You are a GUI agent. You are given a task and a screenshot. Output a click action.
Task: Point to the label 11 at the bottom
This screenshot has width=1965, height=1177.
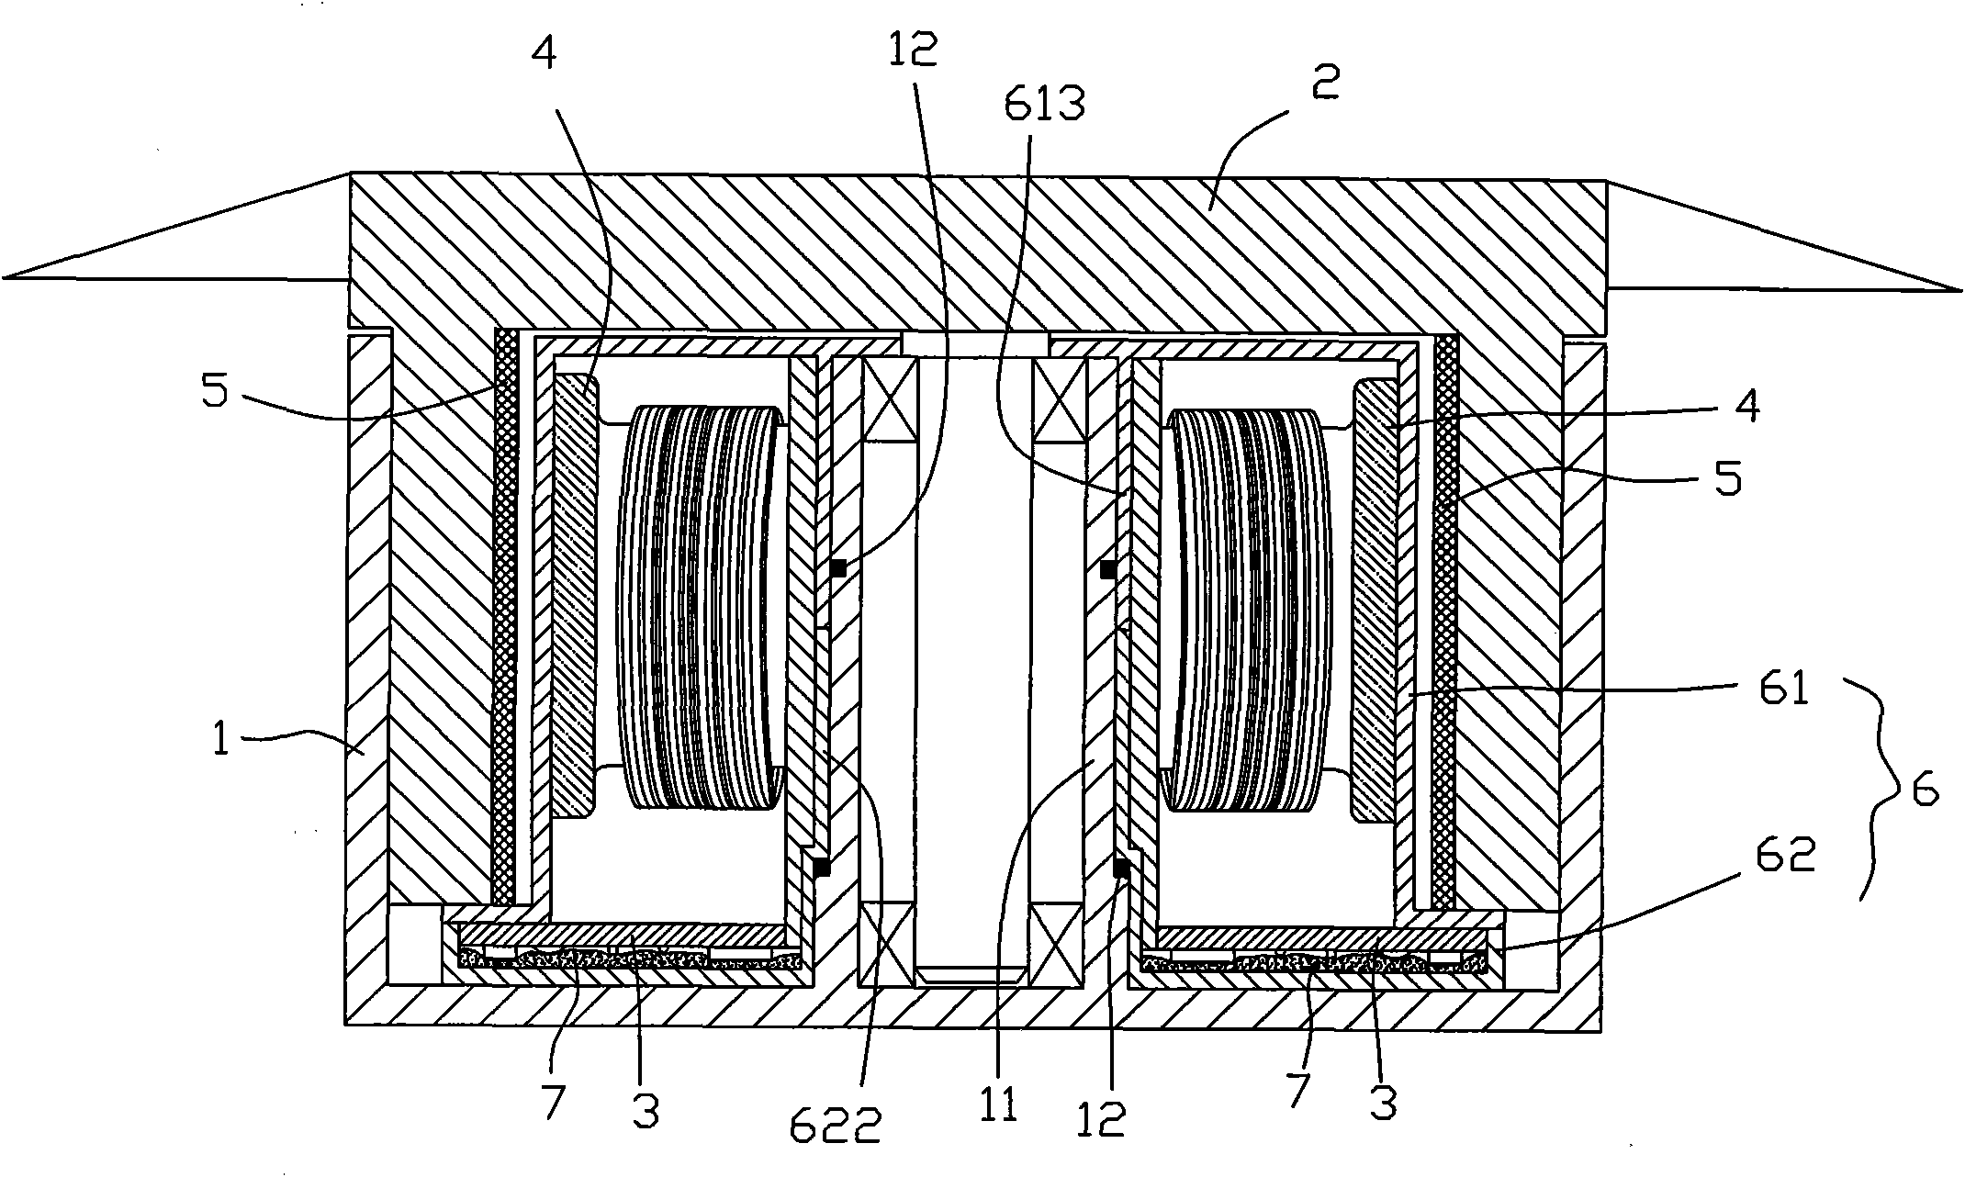click(998, 1104)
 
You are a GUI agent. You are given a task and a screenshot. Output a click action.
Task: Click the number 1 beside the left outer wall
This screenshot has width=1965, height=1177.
click(221, 740)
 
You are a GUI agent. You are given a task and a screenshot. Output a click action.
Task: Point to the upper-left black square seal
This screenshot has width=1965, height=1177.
click(837, 568)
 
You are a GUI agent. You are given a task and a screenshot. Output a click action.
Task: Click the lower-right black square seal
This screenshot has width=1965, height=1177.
click(1120, 867)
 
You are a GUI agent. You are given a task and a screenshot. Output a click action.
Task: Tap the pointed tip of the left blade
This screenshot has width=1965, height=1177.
click(7, 275)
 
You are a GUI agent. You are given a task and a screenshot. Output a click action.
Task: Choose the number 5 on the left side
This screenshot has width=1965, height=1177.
click(216, 395)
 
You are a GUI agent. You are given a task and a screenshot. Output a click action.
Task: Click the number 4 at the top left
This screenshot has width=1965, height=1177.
click(544, 54)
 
